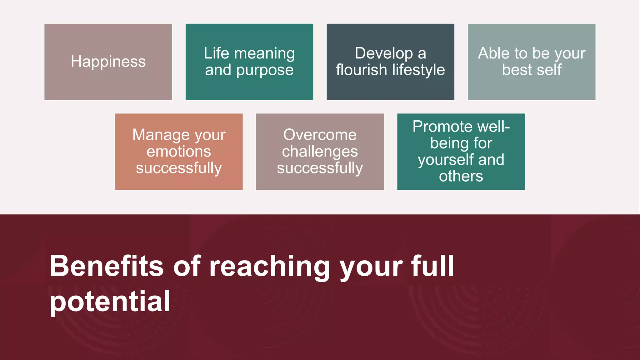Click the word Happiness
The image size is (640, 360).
(x=108, y=62)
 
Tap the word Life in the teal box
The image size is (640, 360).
(x=217, y=53)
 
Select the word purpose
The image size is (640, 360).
(x=265, y=70)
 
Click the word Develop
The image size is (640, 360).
(x=384, y=53)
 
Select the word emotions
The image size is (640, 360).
(x=179, y=152)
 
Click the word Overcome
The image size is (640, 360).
(x=320, y=135)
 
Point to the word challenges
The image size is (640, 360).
(x=320, y=152)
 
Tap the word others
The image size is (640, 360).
(x=461, y=176)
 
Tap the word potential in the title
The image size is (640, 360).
(x=110, y=301)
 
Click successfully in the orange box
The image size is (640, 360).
(x=179, y=168)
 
